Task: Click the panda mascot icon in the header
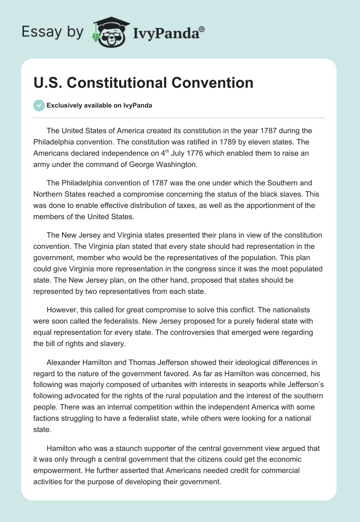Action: [x=107, y=32]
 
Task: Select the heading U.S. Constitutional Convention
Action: [x=144, y=83]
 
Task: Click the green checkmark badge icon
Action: [x=39, y=105]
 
